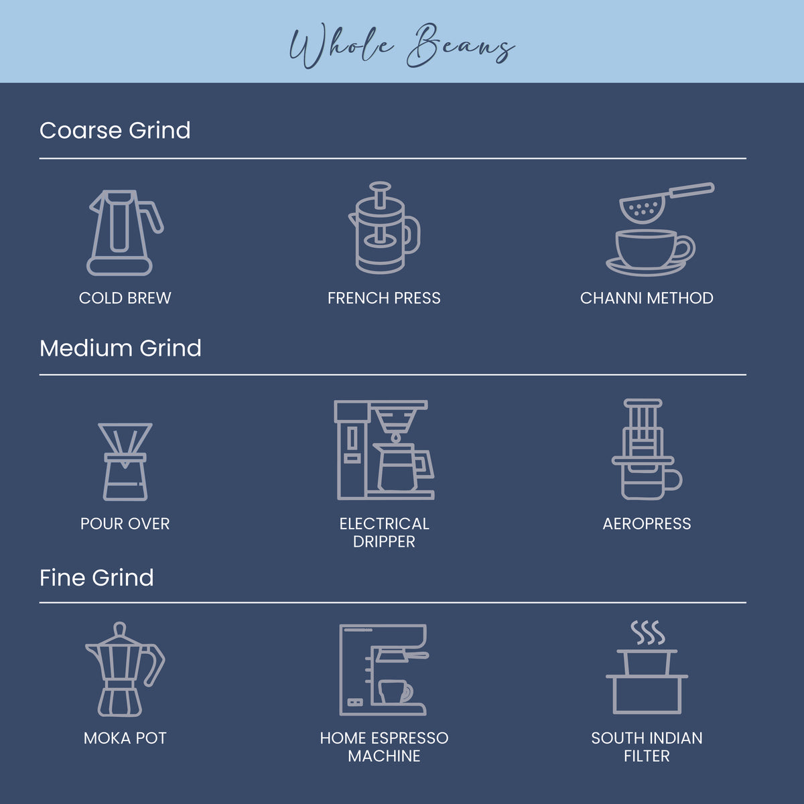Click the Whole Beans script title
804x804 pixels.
pos(402,46)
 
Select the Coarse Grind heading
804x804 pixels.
pos(115,130)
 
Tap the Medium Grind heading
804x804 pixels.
pos(120,348)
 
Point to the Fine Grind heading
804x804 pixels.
pos(96,578)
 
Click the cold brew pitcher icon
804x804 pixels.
pos(125,232)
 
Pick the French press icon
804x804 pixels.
pos(385,228)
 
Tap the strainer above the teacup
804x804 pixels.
pos(666,203)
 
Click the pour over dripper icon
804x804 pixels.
pos(125,462)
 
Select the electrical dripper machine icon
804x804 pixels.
pos(385,450)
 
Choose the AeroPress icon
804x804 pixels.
pos(647,450)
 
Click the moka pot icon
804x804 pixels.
pos(125,669)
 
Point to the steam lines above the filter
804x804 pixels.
pos(647,632)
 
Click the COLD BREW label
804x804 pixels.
pos(125,298)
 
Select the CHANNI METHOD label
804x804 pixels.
pos(647,298)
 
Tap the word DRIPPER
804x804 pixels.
pos(384,541)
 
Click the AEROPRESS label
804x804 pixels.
pos(647,524)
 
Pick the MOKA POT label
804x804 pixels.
pos(125,738)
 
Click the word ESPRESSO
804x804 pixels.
pos(410,738)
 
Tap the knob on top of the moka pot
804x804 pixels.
pos(120,628)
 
